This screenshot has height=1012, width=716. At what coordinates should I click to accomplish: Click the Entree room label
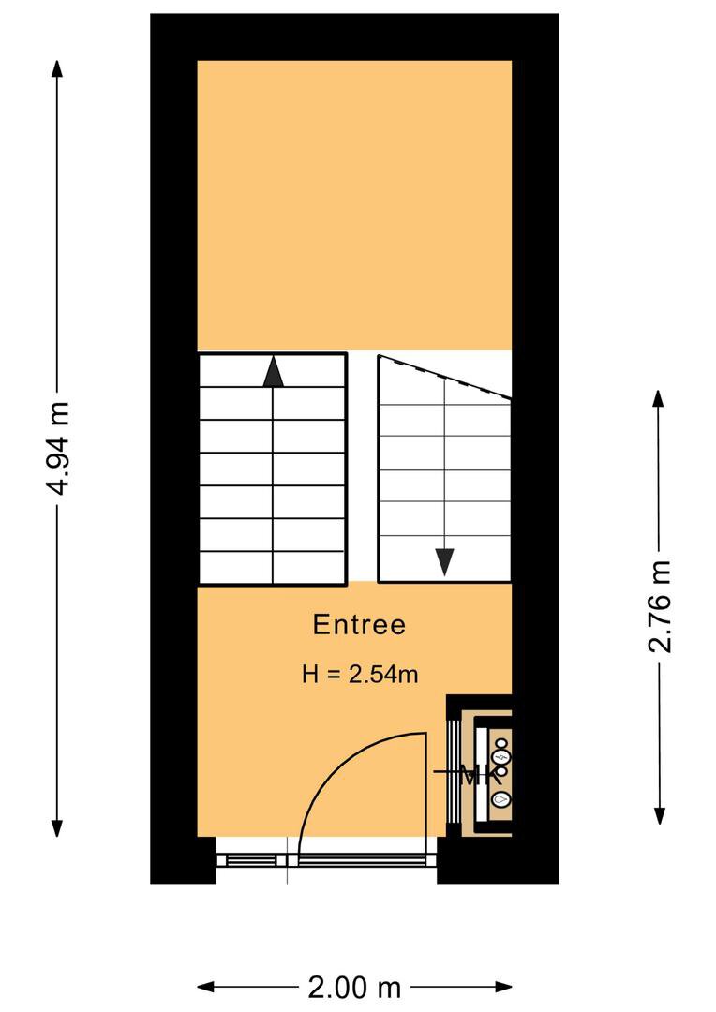point(359,625)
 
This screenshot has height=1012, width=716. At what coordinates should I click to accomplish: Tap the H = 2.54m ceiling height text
point(360,675)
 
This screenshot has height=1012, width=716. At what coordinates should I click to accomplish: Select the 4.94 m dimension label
point(58,448)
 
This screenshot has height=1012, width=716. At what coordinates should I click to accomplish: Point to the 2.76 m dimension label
point(659,606)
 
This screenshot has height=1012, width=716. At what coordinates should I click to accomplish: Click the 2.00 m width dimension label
point(354,987)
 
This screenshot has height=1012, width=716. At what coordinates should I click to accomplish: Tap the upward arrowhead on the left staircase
point(274,372)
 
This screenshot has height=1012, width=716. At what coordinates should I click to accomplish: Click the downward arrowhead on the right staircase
point(444,561)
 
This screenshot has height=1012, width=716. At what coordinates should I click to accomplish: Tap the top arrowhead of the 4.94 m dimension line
point(57,69)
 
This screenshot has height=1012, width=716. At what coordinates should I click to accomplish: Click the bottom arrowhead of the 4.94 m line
point(57,828)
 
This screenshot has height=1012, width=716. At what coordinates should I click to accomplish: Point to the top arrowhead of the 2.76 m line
point(659,398)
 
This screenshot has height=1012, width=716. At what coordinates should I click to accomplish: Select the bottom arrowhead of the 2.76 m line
point(659,816)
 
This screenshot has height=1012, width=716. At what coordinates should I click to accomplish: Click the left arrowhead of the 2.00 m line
point(206,986)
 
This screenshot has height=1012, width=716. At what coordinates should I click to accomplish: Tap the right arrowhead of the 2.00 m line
point(503,986)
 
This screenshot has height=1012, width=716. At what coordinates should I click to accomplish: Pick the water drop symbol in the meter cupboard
point(501,799)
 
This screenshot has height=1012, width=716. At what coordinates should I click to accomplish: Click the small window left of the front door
point(250,859)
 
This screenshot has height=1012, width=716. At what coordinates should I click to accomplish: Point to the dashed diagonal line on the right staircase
point(445,377)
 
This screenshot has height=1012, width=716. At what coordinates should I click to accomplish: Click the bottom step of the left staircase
point(272,567)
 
